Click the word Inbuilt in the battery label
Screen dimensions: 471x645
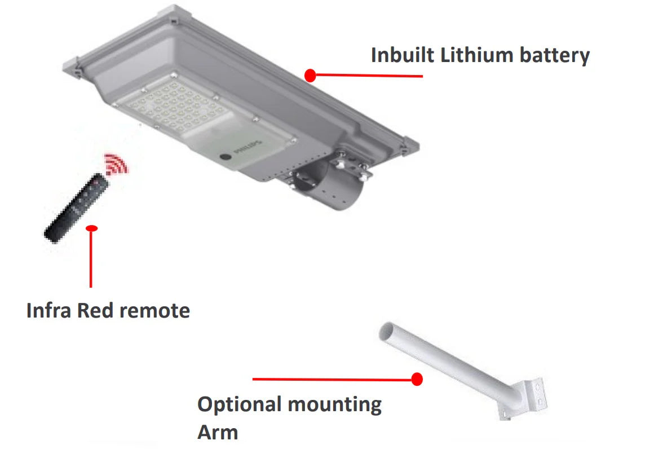pyautogui.click(x=403, y=55)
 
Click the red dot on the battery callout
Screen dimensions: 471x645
pyautogui.click(x=310, y=75)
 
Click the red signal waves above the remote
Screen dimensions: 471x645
pyautogui.click(x=116, y=164)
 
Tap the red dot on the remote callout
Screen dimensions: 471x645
pyautogui.click(x=91, y=228)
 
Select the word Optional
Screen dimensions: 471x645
pyautogui.click(x=239, y=405)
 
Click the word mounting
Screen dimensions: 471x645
pyautogui.click(x=334, y=405)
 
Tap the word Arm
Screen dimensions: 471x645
pyautogui.click(x=218, y=433)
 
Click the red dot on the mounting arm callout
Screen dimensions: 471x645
pyautogui.click(x=417, y=379)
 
